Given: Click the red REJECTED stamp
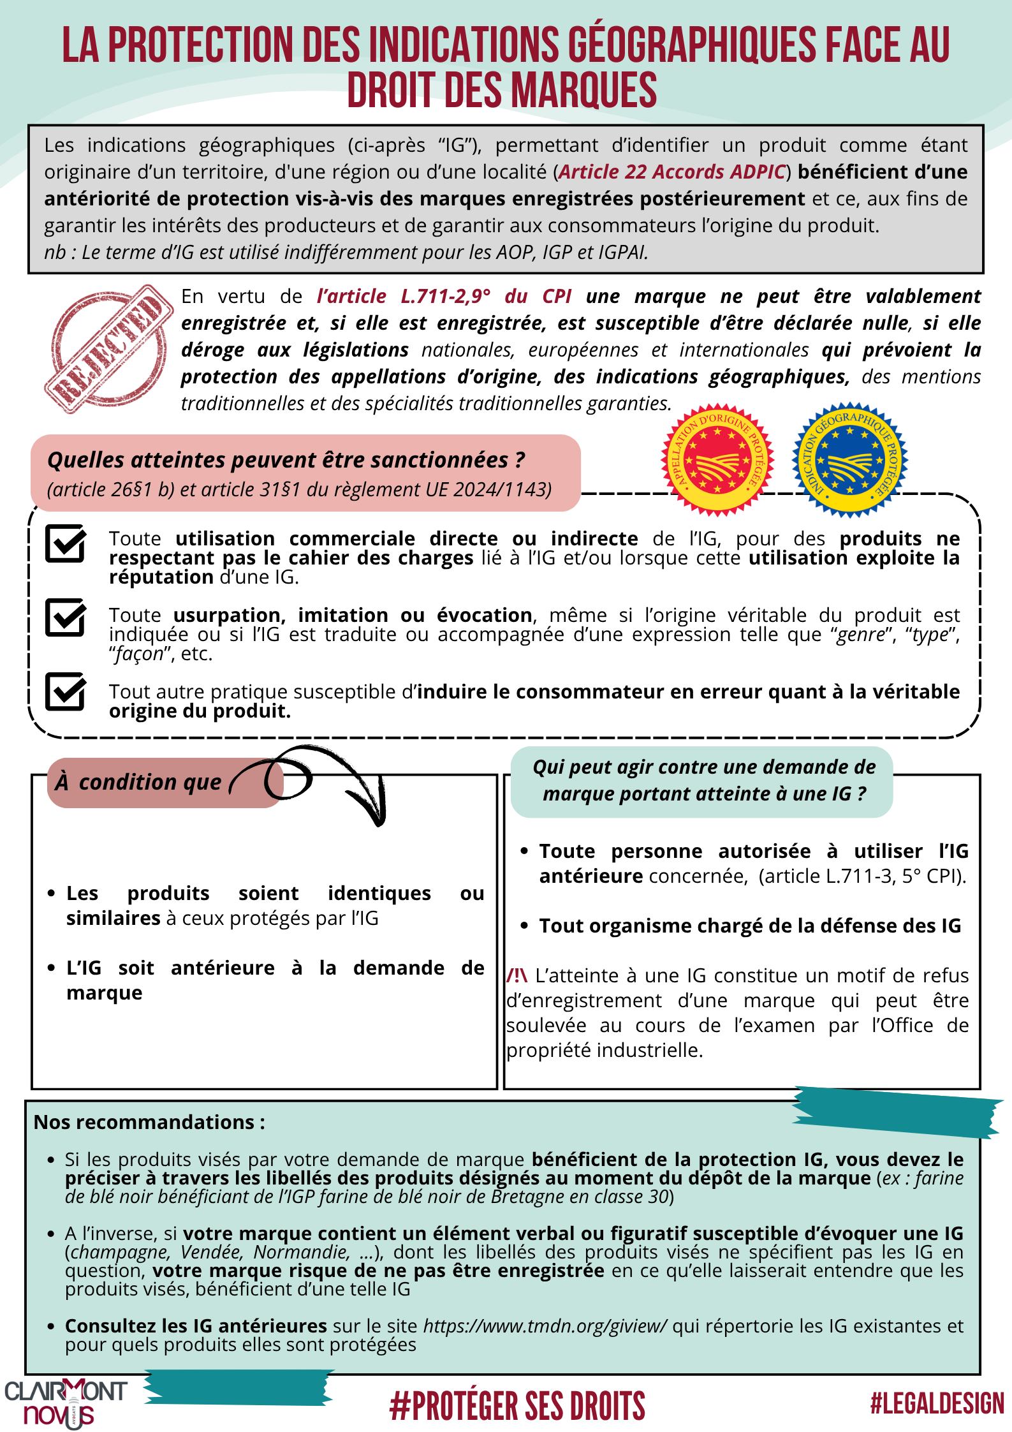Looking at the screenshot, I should [108, 349].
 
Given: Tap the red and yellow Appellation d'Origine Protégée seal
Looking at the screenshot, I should [717, 460].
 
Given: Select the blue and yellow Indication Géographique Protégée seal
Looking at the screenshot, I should [849, 460].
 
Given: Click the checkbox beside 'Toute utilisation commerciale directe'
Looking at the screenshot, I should [66, 543].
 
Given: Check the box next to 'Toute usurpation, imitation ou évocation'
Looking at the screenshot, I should [66, 617].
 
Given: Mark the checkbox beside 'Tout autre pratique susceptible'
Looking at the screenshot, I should [66, 691].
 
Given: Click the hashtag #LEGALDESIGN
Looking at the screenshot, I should [937, 1404].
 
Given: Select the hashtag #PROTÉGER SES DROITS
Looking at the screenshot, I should [517, 1406].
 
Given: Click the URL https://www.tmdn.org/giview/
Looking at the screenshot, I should [545, 1325].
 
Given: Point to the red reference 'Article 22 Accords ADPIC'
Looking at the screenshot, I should [672, 172].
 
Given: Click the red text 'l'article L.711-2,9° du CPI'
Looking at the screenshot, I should [443, 297].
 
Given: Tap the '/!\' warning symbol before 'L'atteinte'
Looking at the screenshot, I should [517, 975].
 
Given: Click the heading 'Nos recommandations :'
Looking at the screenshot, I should [149, 1122].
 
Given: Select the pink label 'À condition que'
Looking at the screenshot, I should [138, 782].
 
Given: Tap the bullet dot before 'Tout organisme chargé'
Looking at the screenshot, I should [524, 926].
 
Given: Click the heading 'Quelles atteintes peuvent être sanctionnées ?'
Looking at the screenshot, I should [286, 460].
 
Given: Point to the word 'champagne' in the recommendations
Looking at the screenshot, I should [121, 1252].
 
